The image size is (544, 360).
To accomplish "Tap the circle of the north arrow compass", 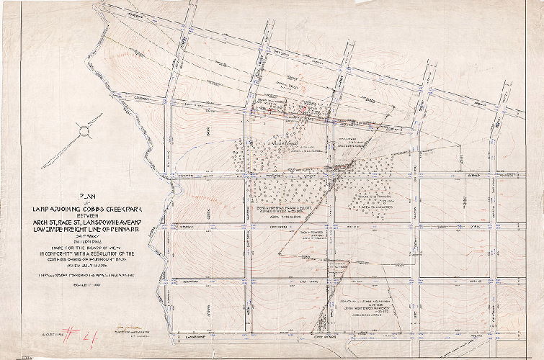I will tap(86, 132).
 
